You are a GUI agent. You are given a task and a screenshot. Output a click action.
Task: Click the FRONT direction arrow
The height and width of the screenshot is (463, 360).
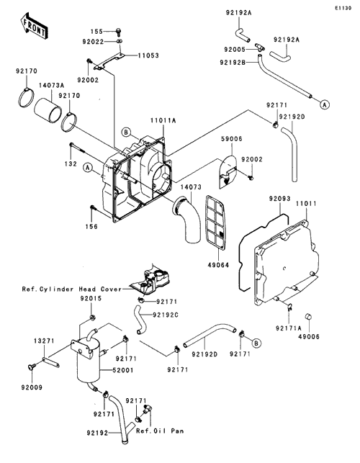(x=33, y=26)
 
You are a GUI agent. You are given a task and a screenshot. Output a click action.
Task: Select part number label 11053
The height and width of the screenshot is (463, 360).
(x=148, y=55)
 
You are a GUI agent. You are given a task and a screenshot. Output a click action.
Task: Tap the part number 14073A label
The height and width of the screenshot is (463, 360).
(x=51, y=86)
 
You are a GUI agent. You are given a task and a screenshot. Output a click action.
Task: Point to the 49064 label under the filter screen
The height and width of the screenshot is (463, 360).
(x=218, y=265)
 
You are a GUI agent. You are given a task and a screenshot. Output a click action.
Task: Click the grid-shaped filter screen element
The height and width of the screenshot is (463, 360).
(x=215, y=221)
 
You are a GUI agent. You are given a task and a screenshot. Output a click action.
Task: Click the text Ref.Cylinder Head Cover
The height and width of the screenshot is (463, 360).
(x=72, y=289)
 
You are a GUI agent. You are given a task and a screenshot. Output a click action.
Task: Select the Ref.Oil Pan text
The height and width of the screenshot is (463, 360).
(x=160, y=431)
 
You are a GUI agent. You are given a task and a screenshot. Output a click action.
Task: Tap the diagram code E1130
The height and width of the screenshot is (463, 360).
(x=343, y=8)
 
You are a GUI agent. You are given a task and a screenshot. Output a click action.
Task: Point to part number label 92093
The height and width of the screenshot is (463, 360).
(x=279, y=199)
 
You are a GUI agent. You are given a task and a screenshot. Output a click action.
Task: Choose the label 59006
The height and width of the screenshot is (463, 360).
(x=232, y=139)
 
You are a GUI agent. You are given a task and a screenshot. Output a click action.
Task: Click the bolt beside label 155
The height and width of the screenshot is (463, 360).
(x=118, y=30)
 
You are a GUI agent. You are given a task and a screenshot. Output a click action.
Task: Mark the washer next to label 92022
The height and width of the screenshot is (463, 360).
(x=119, y=41)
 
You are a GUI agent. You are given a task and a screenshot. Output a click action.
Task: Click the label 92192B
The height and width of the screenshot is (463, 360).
(x=233, y=63)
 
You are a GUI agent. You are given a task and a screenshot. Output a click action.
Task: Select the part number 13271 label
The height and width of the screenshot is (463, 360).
(x=44, y=341)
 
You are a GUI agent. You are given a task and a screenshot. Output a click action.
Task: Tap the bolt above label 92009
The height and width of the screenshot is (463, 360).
(x=31, y=367)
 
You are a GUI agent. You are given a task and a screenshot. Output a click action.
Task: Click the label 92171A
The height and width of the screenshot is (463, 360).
(x=289, y=328)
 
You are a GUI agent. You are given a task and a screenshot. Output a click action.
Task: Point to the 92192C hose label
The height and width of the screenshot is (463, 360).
(x=166, y=315)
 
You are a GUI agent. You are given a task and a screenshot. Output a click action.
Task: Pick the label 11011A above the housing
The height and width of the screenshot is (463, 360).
(x=163, y=120)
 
